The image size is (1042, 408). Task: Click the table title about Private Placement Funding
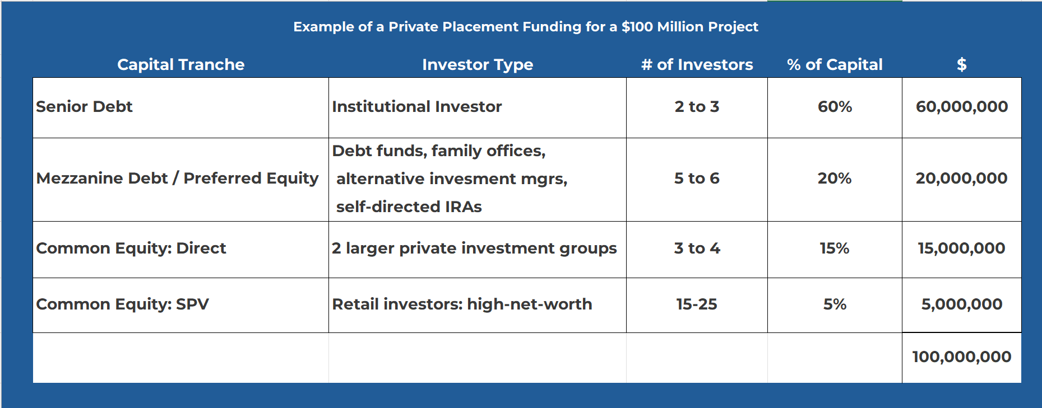coord(525,27)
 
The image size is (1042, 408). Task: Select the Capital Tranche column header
coord(180,64)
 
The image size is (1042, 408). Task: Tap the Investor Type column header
coord(478,65)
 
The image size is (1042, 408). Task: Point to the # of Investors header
coord(697,64)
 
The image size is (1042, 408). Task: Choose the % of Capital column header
coord(835,64)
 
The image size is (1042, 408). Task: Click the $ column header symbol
coord(961,64)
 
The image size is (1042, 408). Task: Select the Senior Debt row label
coord(84,106)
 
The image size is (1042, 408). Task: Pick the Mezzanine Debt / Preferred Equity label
coord(177,178)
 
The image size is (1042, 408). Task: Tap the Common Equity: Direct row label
coord(131,248)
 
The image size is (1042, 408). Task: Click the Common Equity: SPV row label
coord(122,304)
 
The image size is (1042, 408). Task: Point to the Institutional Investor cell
coord(416,106)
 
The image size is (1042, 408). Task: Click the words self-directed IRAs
coord(409,207)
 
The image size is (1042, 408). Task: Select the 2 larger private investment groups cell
coord(474,248)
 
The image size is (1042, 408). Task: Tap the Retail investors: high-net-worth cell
coord(462,304)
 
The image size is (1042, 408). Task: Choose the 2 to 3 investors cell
coord(697,106)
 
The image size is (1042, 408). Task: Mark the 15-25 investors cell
coord(697,304)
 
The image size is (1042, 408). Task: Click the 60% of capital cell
coord(835,106)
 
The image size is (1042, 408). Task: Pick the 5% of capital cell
coord(835,304)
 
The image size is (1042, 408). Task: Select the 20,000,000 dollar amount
coord(961,178)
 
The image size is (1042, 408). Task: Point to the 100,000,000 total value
coord(961,357)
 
